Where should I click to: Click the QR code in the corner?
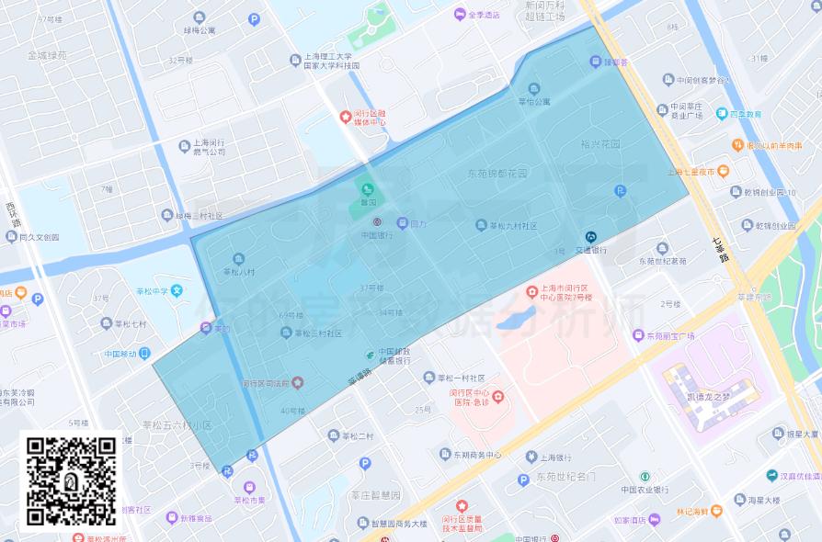[x=70, y=480]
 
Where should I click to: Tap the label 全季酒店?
[x=483, y=15]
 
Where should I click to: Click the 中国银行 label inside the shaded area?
[x=377, y=235]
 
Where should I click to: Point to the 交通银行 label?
[x=590, y=250]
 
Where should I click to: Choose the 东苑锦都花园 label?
[x=497, y=173]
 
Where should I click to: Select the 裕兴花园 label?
[x=601, y=144]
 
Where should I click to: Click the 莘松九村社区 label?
[x=512, y=226]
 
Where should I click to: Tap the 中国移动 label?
[x=120, y=354]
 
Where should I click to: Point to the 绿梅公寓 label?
[x=199, y=30]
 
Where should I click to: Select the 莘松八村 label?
[x=238, y=272]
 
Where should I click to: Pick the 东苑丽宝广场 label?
[x=670, y=336]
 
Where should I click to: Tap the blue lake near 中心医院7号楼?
[x=517, y=320]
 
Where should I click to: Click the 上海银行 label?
[x=556, y=457]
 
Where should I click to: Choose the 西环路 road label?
[x=11, y=213]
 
